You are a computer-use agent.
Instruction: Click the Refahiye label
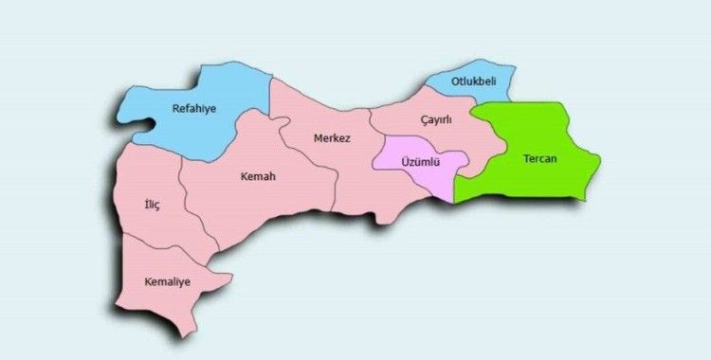click(193, 109)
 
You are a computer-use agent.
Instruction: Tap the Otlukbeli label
click(473, 81)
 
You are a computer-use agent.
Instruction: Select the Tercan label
click(540, 158)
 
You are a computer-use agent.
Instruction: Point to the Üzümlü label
click(418, 162)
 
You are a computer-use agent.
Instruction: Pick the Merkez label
click(332, 138)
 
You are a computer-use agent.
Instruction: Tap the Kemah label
click(258, 176)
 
